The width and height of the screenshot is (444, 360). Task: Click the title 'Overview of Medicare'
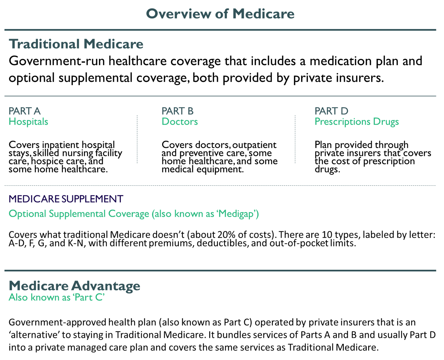point(220,14)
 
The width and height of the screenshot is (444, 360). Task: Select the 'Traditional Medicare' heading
point(76,44)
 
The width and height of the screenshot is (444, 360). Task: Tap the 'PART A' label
point(24,111)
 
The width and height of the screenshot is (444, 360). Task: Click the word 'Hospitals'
point(28,122)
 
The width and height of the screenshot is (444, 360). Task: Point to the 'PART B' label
point(177,111)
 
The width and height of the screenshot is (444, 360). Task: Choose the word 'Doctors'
point(180,122)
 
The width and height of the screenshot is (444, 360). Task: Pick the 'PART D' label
point(331,111)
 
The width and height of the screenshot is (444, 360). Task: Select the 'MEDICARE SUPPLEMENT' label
point(66,199)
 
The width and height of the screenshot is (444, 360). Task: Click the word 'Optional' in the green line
point(27,214)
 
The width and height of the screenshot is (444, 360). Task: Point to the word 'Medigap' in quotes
point(238,214)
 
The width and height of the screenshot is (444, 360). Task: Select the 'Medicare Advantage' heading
point(74,286)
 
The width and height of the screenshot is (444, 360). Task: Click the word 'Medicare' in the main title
point(263,14)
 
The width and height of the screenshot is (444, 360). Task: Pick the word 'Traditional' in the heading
point(44,44)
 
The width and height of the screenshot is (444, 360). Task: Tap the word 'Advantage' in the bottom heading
point(106,286)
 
